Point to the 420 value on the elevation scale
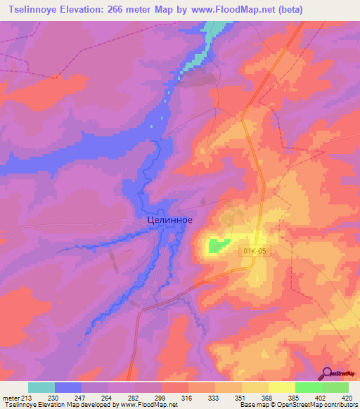335,398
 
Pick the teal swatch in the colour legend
41,387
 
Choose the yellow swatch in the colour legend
282,387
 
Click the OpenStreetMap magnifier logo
328,375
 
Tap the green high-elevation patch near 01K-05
218,245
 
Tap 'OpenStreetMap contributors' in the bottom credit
314,405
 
